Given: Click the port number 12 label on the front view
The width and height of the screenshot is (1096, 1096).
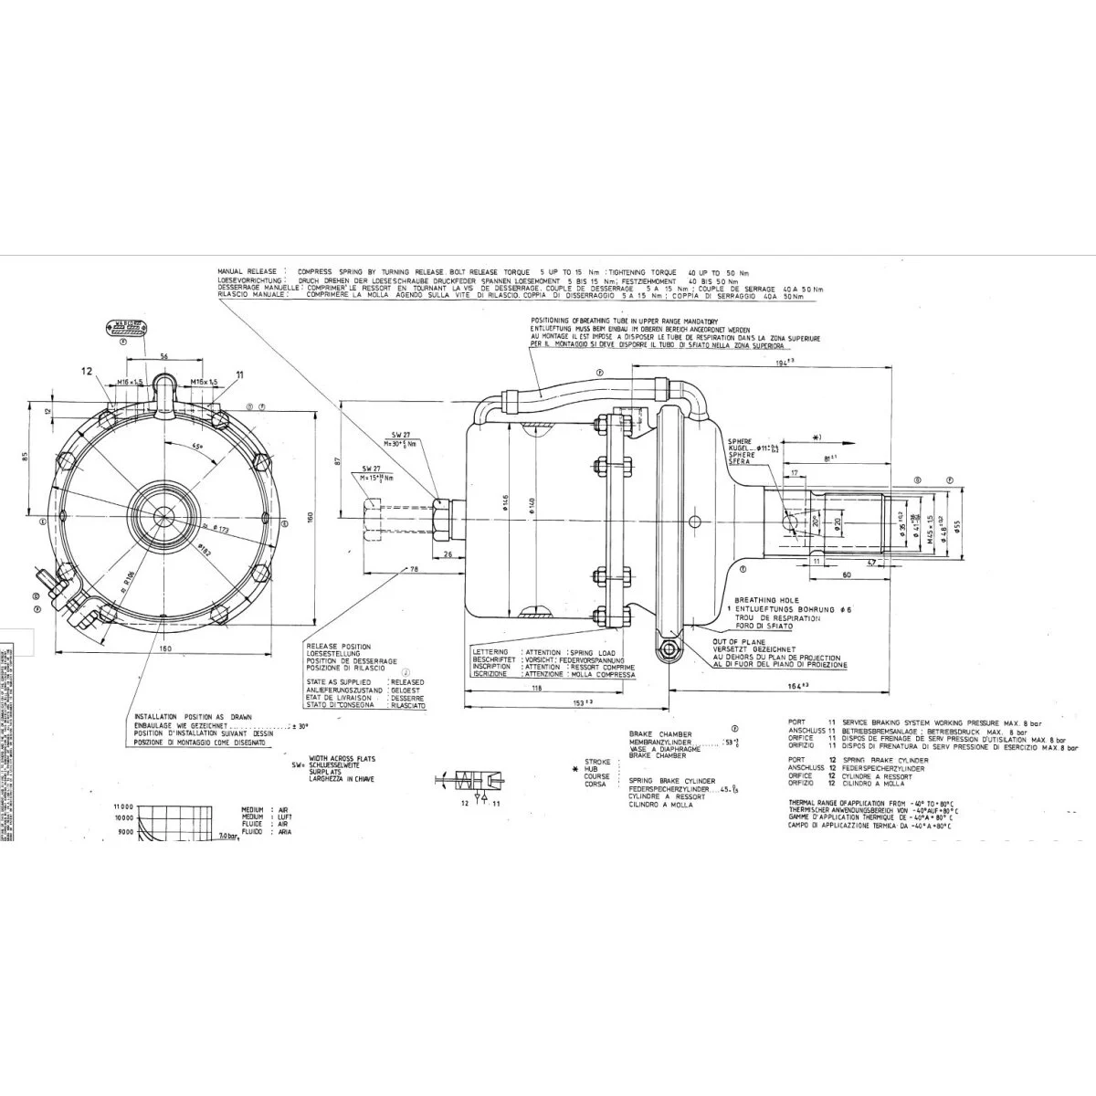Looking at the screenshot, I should pos(87,372).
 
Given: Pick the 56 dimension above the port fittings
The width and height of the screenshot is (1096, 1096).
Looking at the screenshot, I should pos(163,356).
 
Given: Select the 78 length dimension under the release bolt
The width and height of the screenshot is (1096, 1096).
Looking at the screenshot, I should pos(414,570).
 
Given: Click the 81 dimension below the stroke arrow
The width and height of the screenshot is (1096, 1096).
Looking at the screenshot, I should pos(830,458).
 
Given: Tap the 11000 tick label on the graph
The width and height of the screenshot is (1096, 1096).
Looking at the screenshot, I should pos(124,806).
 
